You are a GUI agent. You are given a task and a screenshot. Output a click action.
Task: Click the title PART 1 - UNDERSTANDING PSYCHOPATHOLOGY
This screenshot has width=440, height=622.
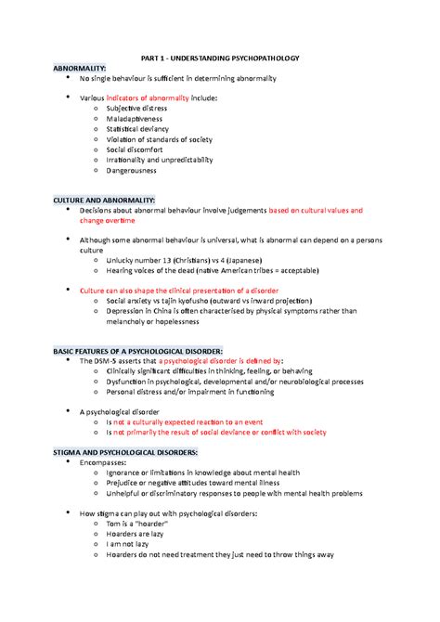point(219,58)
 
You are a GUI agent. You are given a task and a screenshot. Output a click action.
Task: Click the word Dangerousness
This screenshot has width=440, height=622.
point(131,170)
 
